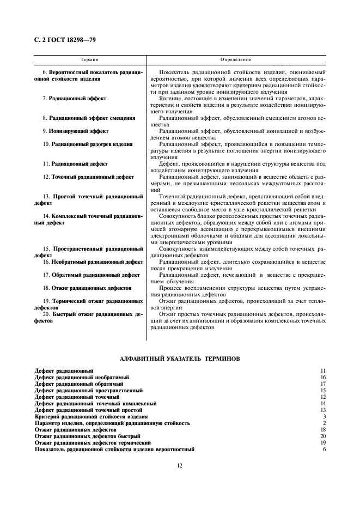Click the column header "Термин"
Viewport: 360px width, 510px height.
(90, 59)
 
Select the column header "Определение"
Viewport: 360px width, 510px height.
(236, 59)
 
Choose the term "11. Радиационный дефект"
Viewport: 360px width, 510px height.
(75, 163)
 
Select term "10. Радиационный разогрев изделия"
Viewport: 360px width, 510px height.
(87, 144)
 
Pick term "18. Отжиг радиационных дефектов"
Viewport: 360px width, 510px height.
(87, 288)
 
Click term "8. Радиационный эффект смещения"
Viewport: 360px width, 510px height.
(89, 118)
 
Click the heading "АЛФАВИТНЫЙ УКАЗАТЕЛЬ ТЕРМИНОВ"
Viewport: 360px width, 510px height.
(180, 358)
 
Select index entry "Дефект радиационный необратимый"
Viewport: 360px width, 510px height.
(82, 377)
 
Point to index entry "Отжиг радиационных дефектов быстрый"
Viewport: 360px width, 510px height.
(87, 436)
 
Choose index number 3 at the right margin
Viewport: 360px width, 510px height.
(324, 416)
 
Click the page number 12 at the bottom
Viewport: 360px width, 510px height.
(179, 465)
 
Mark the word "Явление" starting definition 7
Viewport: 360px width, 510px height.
(169, 99)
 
